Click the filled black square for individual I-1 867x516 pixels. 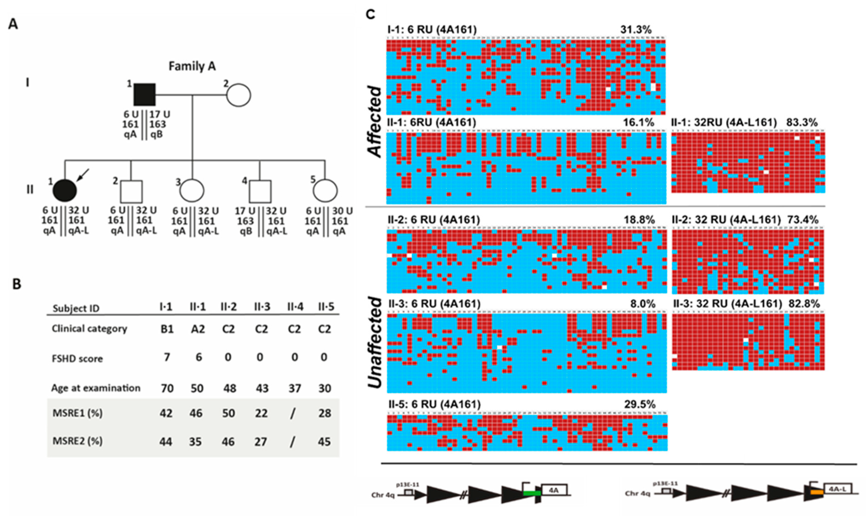click(145, 95)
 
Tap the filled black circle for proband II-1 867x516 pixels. click(65, 191)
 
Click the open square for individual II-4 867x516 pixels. click(260, 191)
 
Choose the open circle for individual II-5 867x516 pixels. click(325, 191)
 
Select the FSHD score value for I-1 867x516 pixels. click(167, 357)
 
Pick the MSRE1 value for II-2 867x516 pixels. click(228, 413)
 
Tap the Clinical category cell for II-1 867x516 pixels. click(198, 329)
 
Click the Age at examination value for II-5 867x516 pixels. click(325, 388)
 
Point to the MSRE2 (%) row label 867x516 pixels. click(78, 441)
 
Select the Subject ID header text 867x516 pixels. click(76, 308)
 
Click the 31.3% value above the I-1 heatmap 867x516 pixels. click(636, 30)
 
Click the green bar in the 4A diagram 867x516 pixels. click(532, 493)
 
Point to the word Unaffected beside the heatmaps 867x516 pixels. click(375, 343)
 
